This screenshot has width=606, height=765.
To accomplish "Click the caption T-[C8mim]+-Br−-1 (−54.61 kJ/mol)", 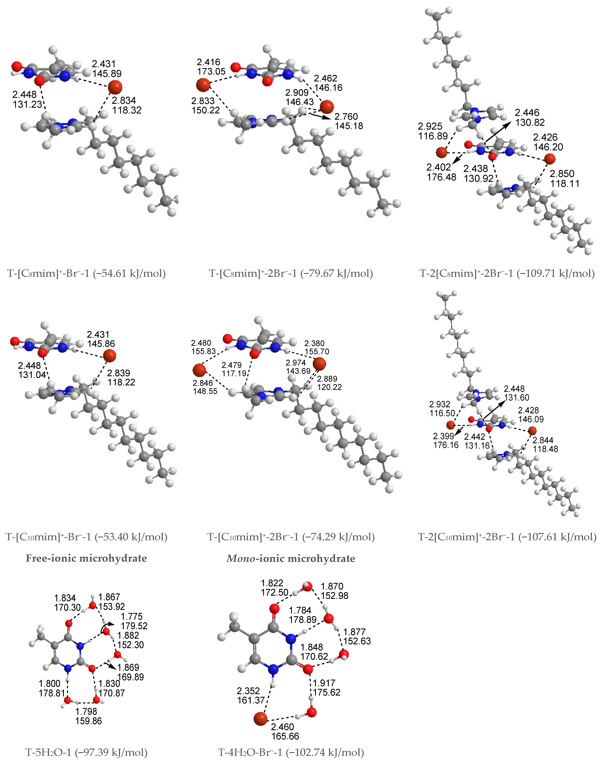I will point(86,273).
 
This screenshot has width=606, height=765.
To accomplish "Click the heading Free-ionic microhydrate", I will point(86,558).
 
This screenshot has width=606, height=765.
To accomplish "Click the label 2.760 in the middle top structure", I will point(346,116).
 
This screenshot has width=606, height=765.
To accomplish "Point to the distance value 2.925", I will point(430,126).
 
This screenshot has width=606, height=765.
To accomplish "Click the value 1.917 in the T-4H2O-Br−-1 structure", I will point(324,683).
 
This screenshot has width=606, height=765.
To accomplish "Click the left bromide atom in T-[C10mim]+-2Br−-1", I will point(199,370).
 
